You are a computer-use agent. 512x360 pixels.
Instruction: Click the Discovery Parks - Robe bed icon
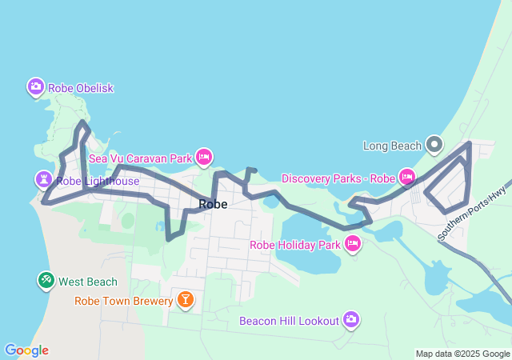pyautogui.click(x=406, y=176)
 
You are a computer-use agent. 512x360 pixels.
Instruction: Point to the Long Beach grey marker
pyautogui.click(x=434, y=145)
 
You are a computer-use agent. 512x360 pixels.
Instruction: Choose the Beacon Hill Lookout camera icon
pyautogui.click(x=350, y=320)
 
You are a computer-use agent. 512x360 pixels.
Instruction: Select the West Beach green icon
pyautogui.click(x=46, y=280)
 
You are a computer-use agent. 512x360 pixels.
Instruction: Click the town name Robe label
pyautogui.click(x=213, y=204)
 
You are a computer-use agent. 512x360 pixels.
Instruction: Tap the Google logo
pyautogui.click(x=26, y=350)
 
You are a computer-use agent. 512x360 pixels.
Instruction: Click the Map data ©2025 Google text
pyautogui.click(x=462, y=354)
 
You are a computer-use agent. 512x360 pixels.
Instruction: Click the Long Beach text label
pyautogui.click(x=392, y=146)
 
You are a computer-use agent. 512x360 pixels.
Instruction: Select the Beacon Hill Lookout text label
pyautogui.click(x=290, y=321)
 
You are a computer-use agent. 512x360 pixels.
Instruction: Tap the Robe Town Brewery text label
pyautogui.click(x=124, y=302)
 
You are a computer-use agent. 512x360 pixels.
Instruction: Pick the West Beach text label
pyautogui.click(x=88, y=282)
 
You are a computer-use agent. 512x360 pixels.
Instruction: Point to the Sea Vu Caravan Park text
pyautogui.click(x=141, y=158)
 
